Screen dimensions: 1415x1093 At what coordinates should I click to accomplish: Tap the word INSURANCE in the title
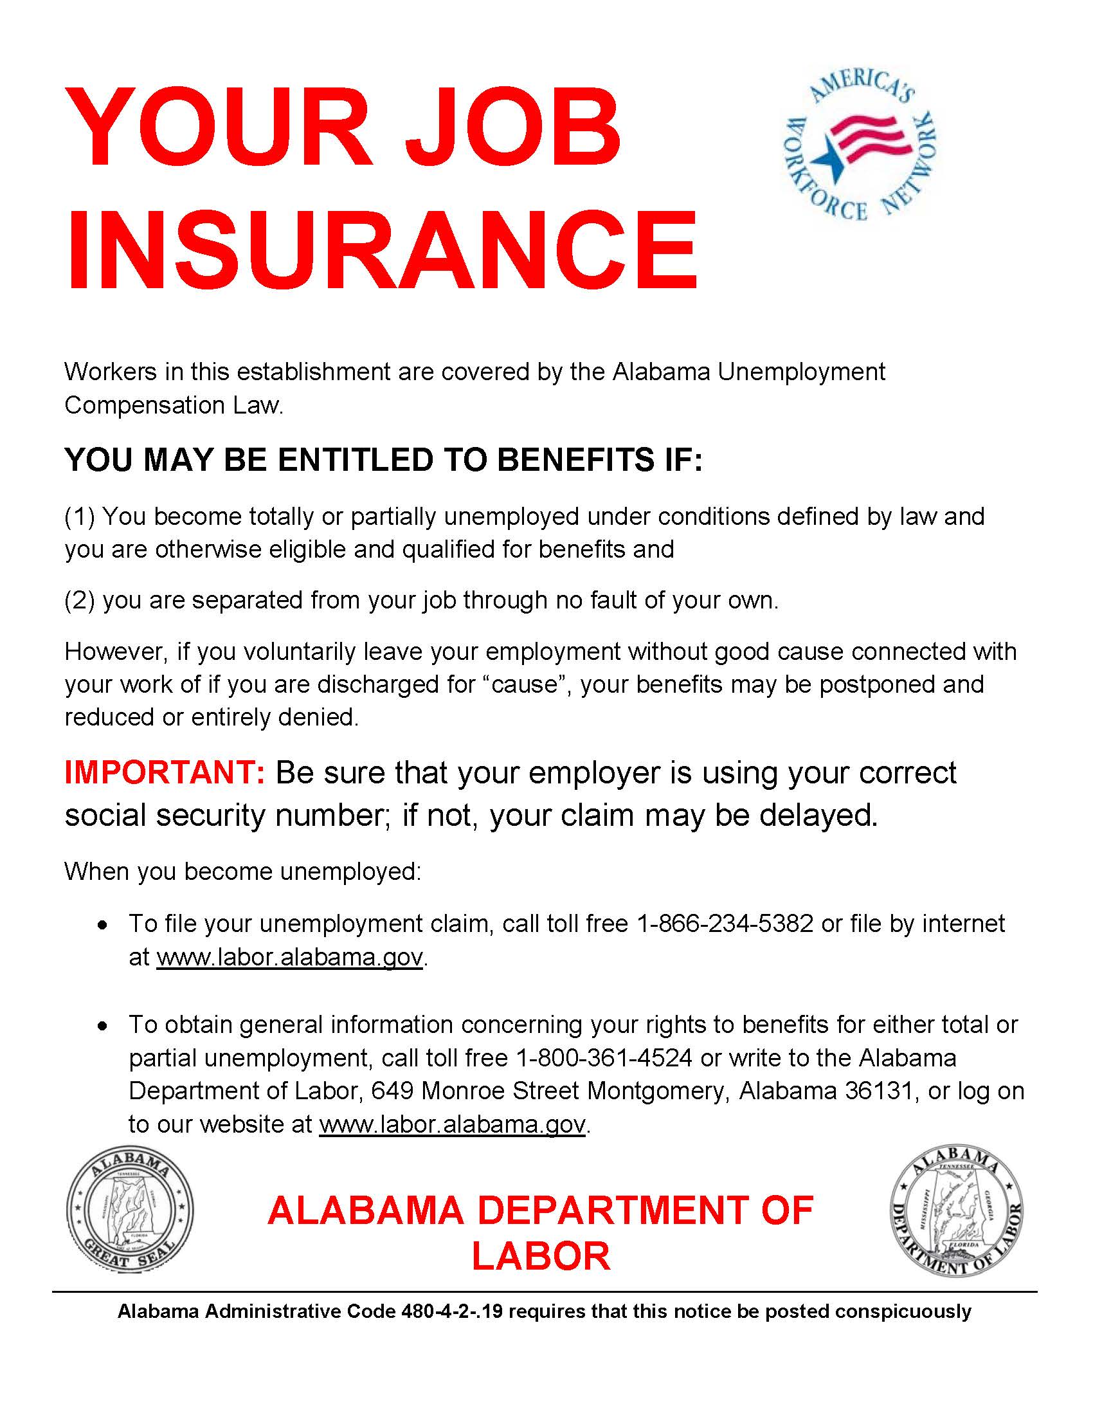point(381,250)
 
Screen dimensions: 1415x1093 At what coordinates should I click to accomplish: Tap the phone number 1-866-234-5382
point(725,923)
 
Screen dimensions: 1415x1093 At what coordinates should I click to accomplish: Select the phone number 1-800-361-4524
point(604,1058)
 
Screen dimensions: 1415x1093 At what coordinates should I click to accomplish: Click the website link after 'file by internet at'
point(289,957)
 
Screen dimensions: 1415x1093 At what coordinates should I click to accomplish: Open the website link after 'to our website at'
point(453,1124)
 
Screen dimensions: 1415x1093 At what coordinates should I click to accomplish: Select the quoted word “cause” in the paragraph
point(525,684)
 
